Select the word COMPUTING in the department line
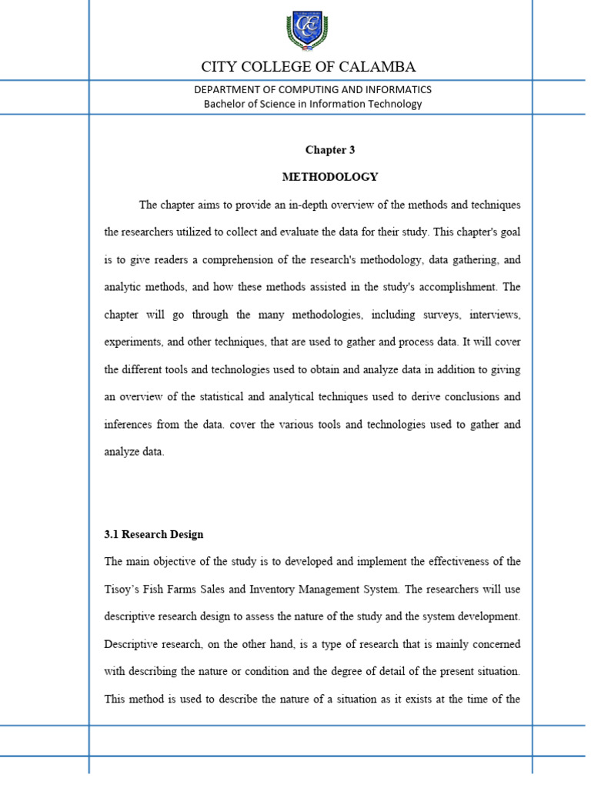292,90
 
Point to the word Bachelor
226,104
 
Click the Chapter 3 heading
330,149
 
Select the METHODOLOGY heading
330,177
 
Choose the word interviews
493,315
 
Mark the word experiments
132,342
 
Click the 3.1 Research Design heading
154,534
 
